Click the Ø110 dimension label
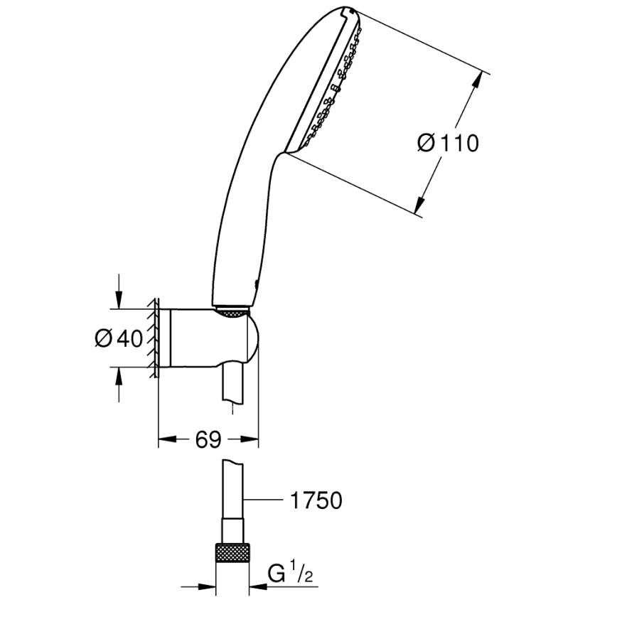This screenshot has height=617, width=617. pos(448,144)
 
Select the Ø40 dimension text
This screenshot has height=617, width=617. pos(119,338)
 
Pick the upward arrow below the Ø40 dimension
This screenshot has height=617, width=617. pos(119,376)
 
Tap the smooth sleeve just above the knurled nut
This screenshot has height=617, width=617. pos(232,530)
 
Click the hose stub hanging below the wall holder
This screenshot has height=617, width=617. pos(232,387)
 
